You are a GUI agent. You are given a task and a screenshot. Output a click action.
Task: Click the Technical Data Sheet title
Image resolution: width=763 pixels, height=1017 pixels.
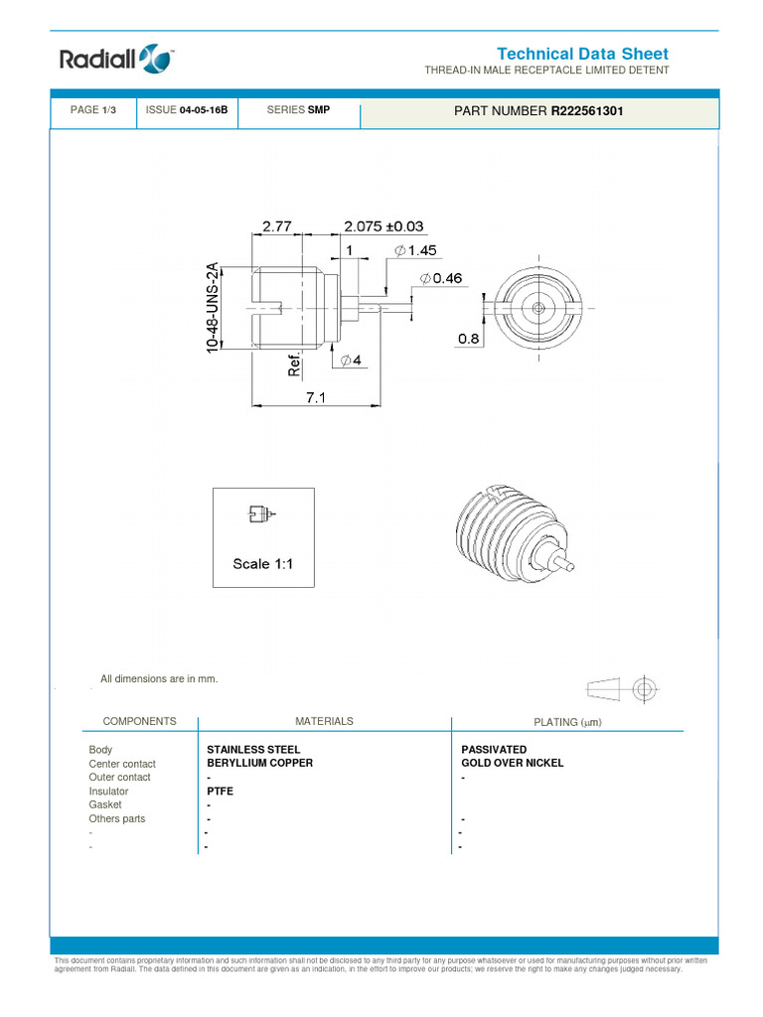(x=582, y=54)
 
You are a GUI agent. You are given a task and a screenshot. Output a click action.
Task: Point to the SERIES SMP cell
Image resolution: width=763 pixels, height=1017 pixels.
(x=298, y=110)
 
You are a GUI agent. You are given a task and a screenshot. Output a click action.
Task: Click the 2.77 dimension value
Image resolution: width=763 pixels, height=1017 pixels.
(x=278, y=226)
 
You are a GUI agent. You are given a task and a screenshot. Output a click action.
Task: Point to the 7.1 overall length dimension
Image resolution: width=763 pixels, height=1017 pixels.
(x=316, y=396)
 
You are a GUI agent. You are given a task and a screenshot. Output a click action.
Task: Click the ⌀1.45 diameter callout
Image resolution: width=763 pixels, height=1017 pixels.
(x=415, y=251)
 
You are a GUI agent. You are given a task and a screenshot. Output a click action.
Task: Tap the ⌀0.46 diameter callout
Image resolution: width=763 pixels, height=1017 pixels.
(x=440, y=279)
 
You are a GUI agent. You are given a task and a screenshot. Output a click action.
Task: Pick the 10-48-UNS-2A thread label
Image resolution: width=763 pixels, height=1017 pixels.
(x=212, y=307)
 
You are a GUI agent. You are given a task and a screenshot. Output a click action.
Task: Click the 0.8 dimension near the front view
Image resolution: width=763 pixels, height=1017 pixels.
(x=468, y=339)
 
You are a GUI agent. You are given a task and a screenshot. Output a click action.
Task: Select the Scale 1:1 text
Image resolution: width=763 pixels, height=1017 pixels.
(x=264, y=564)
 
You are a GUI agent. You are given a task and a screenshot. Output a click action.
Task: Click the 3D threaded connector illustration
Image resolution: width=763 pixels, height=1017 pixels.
(x=512, y=537)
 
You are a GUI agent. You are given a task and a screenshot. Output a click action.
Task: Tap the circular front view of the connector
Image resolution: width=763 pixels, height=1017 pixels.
(x=537, y=308)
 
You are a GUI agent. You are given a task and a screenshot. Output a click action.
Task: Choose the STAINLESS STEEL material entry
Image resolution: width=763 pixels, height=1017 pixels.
(x=253, y=749)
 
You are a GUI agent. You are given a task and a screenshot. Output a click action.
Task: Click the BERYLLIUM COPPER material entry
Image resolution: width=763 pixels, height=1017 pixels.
(x=259, y=763)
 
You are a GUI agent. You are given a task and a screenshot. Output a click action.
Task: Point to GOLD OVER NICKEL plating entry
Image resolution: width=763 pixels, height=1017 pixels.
(x=513, y=763)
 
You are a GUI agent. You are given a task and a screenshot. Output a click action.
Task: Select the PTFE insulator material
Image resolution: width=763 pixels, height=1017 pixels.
(x=220, y=792)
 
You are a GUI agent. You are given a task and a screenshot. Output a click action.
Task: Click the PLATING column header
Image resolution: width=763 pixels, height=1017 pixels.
(x=567, y=722)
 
